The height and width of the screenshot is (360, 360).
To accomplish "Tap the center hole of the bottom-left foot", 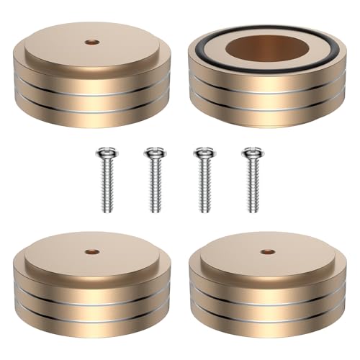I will click(x=91, y=253).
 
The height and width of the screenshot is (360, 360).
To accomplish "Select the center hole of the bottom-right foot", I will click(x=269, y=253).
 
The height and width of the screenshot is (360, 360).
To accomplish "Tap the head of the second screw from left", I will click(x=152, y=153).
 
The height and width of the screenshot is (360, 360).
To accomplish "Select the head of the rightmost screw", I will click(x=251, y=153).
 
